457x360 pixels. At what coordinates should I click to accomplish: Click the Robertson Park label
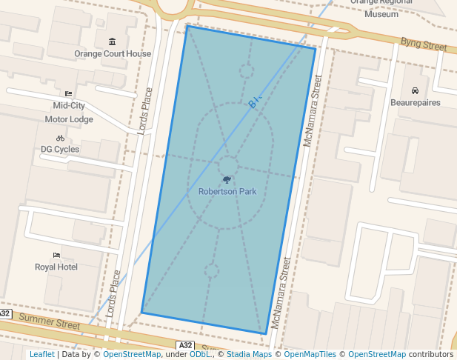[x=227, y=191]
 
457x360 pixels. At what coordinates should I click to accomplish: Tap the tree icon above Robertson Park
[x=227, y=179]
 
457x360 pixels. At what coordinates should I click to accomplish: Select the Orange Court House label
[x=113, y=53]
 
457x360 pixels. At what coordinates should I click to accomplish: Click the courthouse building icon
[x=112, y=41]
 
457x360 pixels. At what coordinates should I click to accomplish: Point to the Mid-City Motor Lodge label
[x=69, y=113]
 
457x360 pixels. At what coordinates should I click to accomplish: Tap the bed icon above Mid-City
[x=69, y=93]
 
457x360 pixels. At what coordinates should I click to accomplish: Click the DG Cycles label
[x=60, y=149]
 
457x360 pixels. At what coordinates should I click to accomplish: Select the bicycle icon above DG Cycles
[x=60, y=138]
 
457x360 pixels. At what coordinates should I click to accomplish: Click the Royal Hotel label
[x=56, y=267]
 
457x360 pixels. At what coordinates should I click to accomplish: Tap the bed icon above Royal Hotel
[x=56, y=255]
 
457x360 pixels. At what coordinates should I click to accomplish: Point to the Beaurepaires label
[x=416, y=102]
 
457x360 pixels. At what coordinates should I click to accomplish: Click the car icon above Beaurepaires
[x=415, y=90]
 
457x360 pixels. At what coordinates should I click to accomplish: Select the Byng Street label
[x=424, y=45]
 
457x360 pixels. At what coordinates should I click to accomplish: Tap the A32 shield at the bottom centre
[x=186, y=346]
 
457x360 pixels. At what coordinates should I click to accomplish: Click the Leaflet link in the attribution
[x=42, y=354]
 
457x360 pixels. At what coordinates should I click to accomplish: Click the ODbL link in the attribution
[x=200, y=354]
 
